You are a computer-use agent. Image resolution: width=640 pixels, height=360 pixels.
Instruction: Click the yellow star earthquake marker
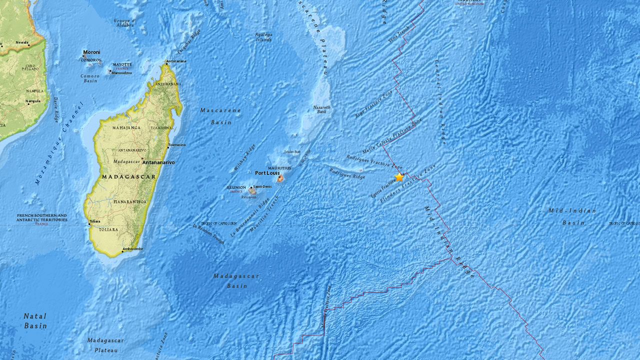point(399,177)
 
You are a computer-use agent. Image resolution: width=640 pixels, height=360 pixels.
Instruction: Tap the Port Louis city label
point(267,173)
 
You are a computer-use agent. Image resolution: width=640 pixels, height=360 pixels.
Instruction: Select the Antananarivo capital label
point(158,162)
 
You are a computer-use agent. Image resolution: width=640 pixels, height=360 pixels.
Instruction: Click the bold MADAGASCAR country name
point(129,176)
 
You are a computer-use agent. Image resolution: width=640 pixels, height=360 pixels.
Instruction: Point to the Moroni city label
point(91,52)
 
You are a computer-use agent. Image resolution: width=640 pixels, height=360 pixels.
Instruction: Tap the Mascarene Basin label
point(220,116)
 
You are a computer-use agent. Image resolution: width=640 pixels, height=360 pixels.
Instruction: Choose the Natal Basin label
point(35,320)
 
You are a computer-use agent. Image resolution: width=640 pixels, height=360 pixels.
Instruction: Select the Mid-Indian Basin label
point(572,216)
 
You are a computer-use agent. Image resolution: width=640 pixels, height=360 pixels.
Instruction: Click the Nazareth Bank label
point(321,109)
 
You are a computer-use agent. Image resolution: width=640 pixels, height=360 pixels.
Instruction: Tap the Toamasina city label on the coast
point(176,145)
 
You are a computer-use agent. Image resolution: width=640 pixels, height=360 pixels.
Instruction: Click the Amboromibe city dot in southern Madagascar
point(122,249)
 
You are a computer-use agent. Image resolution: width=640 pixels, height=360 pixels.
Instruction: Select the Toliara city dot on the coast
point(89,224)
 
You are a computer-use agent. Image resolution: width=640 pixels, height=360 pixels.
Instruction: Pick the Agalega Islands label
point(263,37)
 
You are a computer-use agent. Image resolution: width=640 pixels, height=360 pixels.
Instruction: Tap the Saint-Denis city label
point(262,186)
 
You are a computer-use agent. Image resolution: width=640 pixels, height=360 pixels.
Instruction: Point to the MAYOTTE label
point(122,64)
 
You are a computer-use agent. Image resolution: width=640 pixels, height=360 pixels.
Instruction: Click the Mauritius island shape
point(280,178)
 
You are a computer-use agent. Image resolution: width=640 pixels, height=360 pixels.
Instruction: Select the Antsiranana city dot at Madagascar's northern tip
point(167,63)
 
